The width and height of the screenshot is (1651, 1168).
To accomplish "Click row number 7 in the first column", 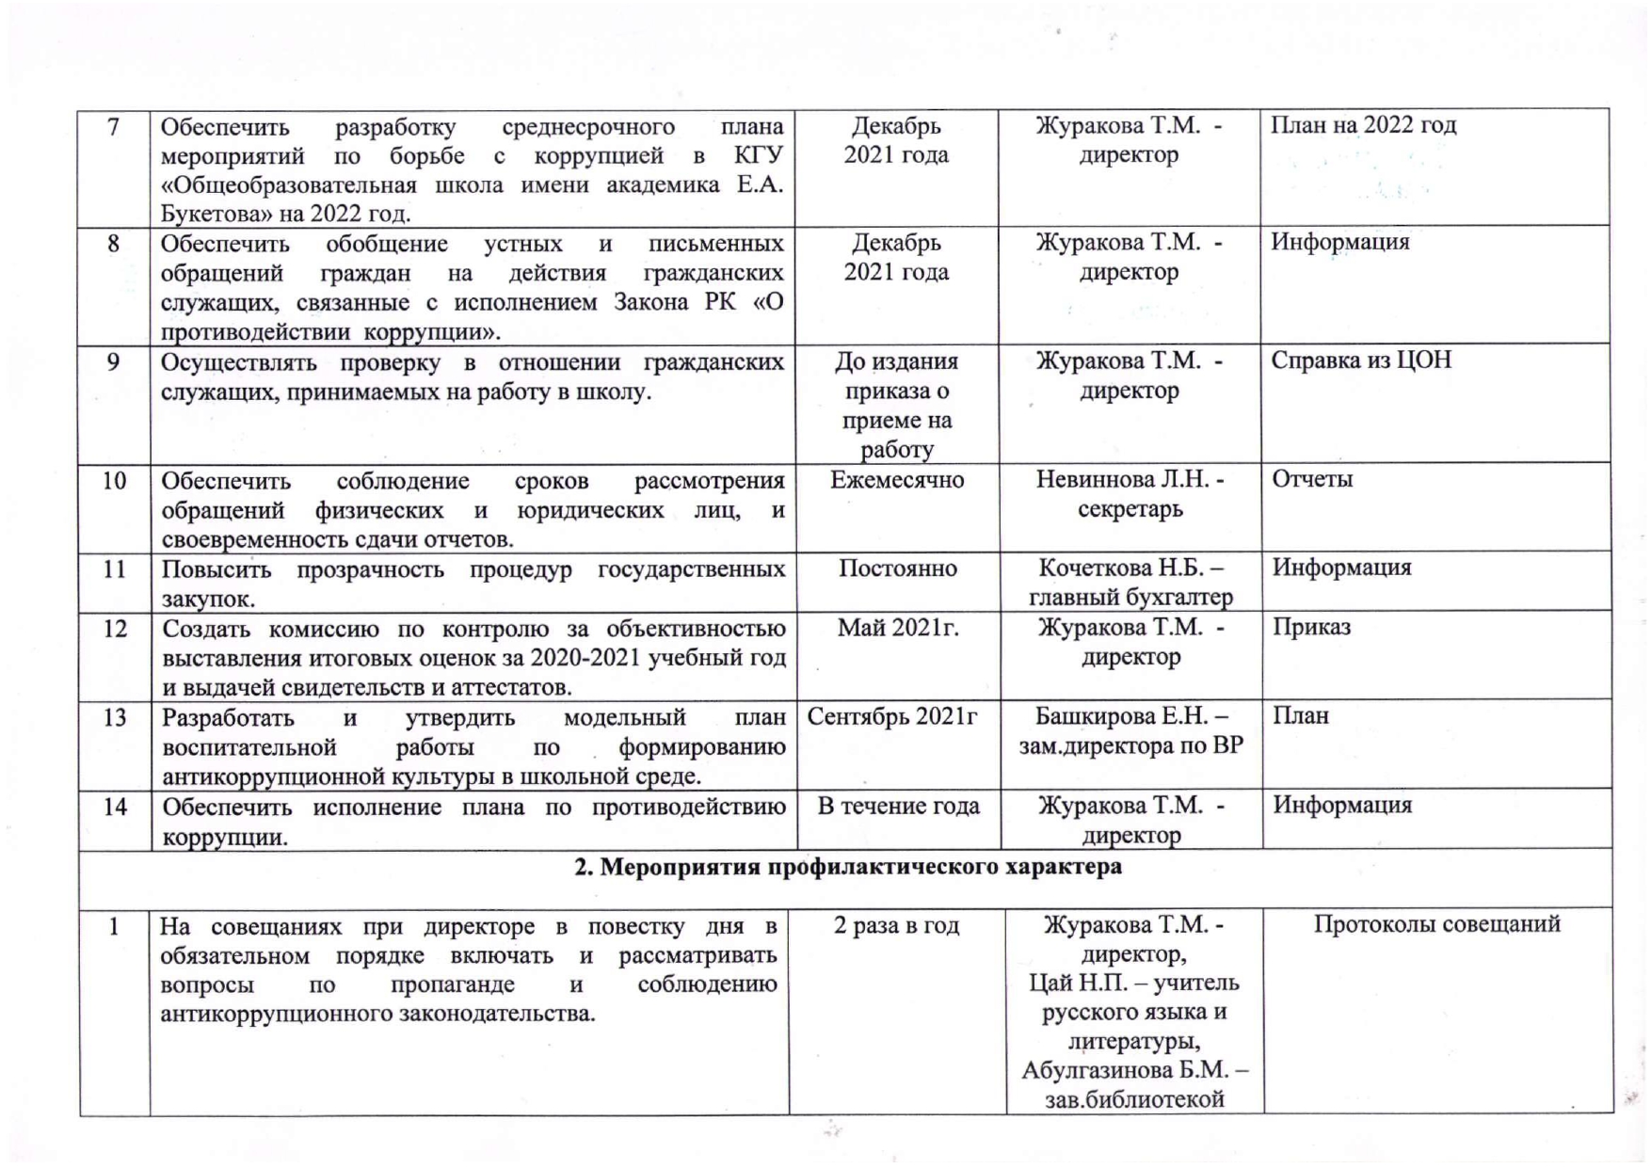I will click(x=114, y=126).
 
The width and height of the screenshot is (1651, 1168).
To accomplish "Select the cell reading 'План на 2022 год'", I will click(x=1363, y=125).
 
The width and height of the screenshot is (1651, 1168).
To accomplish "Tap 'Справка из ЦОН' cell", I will click(x=1361, y=360).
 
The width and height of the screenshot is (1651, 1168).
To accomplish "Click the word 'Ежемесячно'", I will click(x=897, y=480).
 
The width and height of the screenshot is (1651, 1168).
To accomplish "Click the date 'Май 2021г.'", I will click(x=898, y=628).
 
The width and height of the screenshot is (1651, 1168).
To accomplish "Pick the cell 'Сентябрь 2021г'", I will click(x=892, y=717).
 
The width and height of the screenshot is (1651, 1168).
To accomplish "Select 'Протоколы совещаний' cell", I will click(x=1436, y=924).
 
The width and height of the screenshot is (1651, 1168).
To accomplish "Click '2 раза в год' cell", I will click(x=896, y=925).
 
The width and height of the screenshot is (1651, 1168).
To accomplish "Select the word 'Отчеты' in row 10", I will click(x=1312, y=479).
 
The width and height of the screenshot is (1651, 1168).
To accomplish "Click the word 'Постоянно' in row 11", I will click(x=897, y=568).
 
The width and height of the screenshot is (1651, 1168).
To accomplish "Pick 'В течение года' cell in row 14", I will click(x=898, y=807).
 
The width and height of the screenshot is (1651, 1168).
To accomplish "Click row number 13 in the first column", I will click(x=115, y=718).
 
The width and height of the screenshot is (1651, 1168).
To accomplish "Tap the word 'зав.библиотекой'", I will click(x=1133, y=1099).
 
